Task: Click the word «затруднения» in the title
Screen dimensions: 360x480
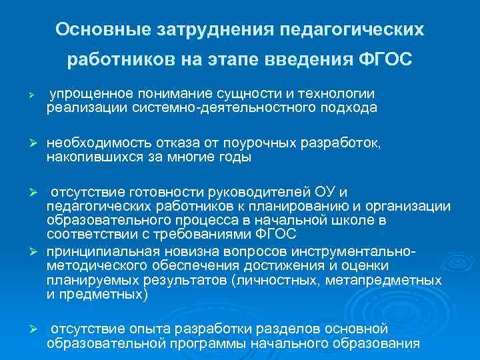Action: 213,30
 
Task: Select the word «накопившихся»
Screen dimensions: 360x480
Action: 88,157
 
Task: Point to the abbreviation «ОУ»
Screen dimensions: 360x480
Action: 310,195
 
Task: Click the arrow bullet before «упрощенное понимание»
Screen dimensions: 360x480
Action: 23,95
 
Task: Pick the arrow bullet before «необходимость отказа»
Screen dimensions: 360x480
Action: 23,145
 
